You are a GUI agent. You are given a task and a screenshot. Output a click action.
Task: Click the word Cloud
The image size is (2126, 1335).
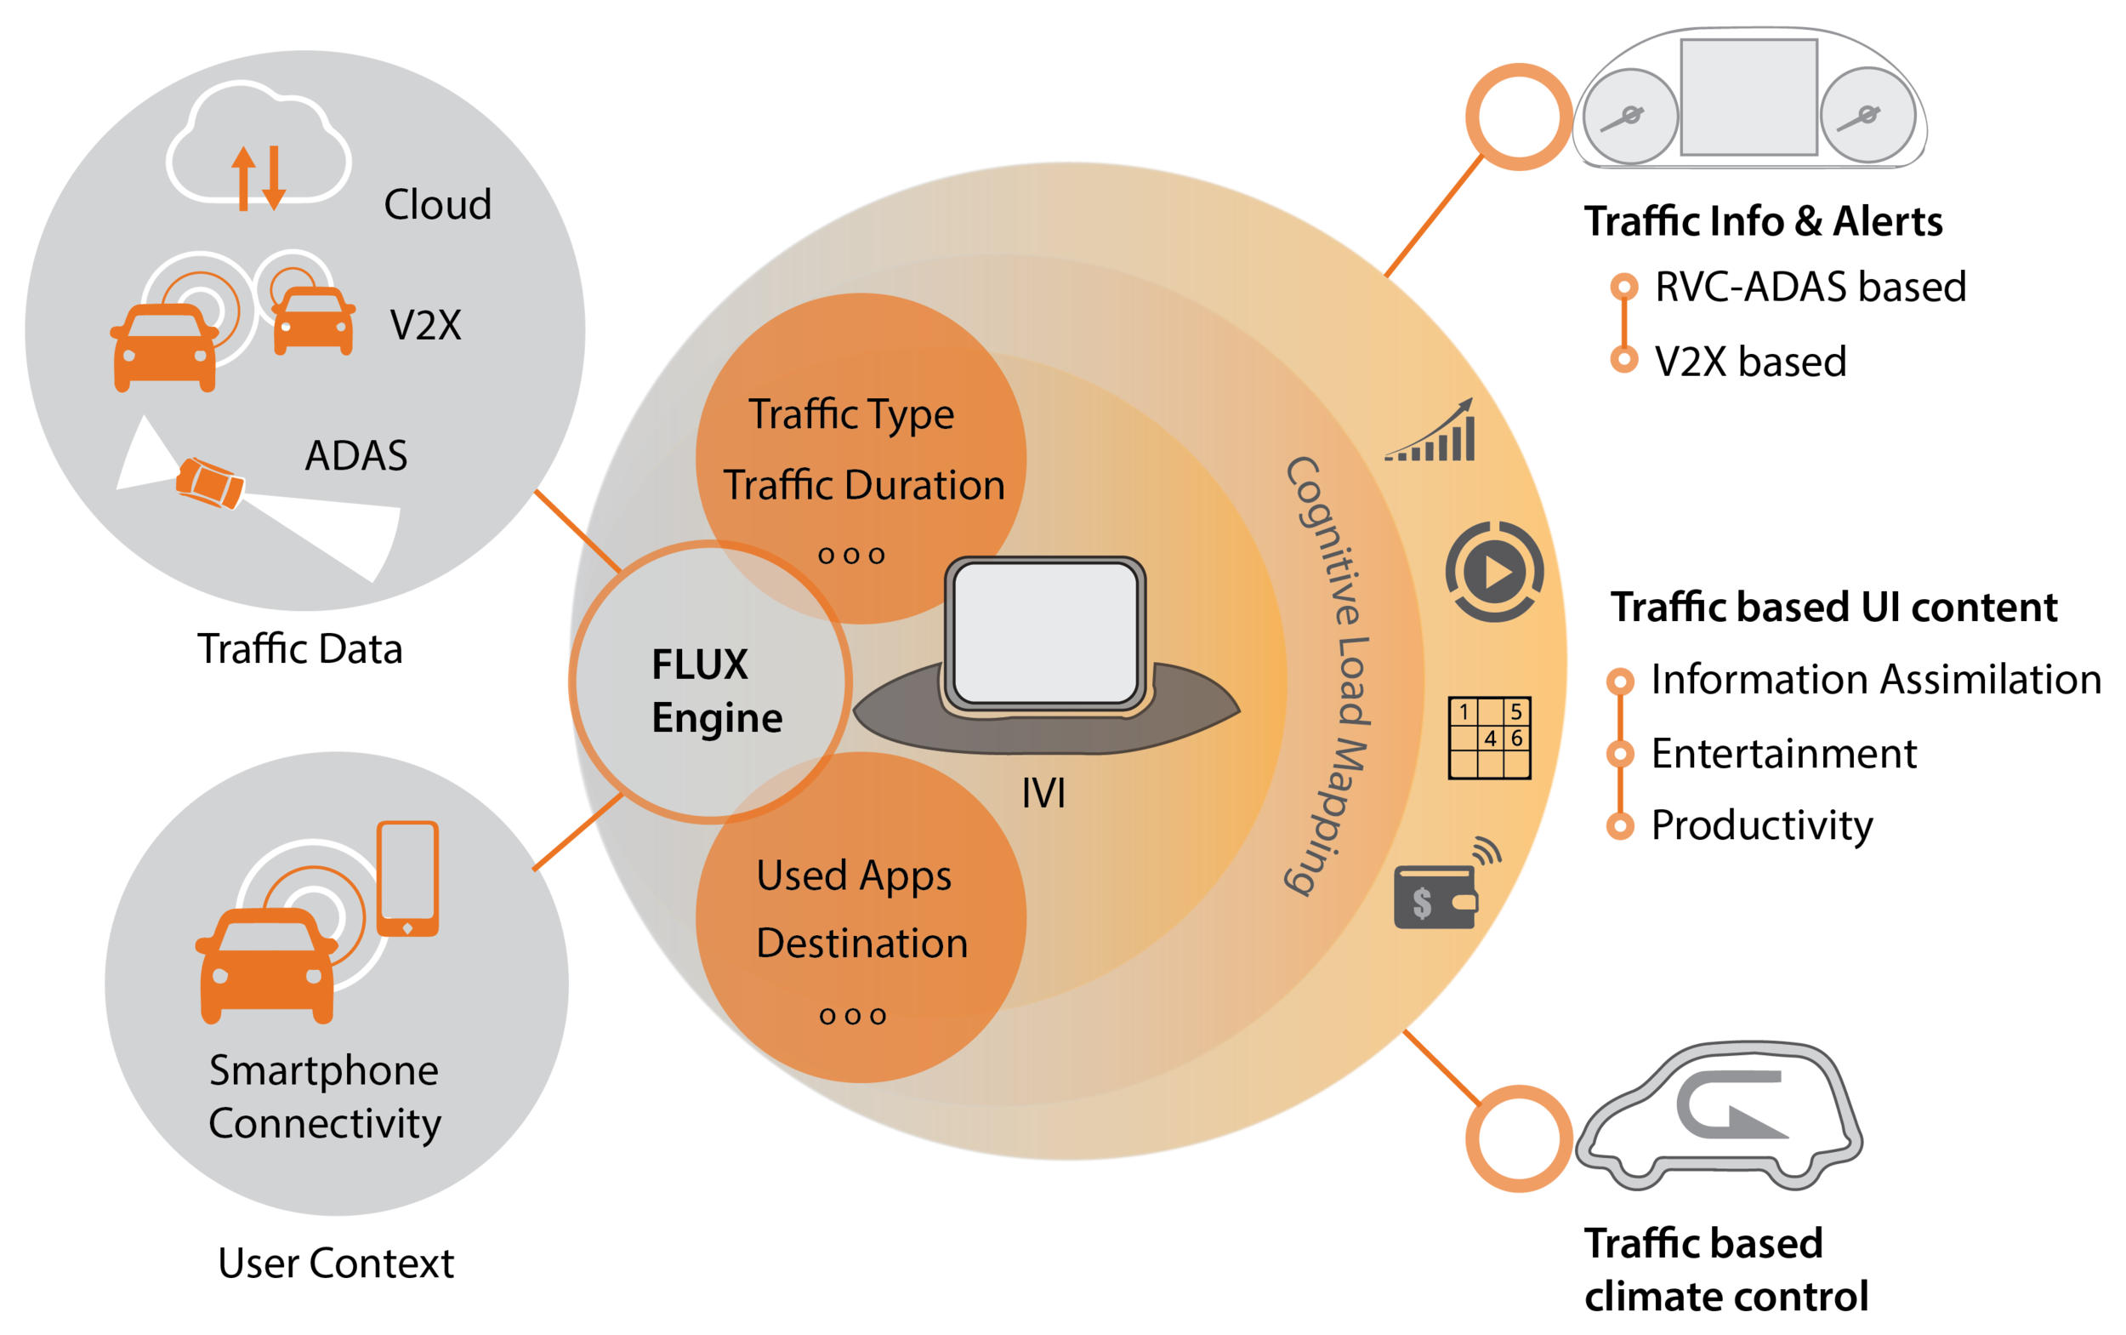[x=438, y=205]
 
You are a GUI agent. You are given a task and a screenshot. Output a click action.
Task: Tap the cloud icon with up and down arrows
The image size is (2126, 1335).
[x=259, y=145]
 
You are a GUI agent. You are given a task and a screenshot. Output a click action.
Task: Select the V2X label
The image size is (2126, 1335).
[x=425, y=326]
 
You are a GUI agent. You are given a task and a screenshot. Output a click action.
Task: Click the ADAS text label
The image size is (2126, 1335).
[x=355, y=455]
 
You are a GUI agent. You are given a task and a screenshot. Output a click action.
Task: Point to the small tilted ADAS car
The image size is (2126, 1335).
[x=210, y=483]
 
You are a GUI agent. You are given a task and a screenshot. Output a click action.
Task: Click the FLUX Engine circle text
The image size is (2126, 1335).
[x=715, y=690]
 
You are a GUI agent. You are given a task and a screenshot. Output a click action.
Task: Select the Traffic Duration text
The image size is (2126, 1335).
[x=864, y=486]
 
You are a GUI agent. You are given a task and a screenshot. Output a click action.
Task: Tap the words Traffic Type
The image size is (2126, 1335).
[x=851, y=414]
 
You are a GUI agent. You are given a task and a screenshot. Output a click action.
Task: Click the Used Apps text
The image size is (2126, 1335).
[x=854, y=875]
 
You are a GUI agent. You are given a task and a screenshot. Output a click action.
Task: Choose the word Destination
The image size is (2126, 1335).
[x=862, y=943]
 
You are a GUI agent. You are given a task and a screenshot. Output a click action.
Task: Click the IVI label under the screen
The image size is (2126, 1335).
[x=1043, y=793]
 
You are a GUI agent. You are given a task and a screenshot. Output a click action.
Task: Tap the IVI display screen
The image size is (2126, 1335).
[x=1045, y=633]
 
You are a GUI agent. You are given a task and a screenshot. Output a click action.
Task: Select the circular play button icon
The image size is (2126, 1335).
[x=1494, y=572]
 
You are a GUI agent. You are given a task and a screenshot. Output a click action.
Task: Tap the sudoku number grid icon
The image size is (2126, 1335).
[x=1490, y=739]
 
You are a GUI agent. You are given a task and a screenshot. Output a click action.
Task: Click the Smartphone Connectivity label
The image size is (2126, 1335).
[x=325, y=1097]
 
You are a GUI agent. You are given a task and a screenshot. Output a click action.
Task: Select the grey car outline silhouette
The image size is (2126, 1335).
[x=1716, y=1115]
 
